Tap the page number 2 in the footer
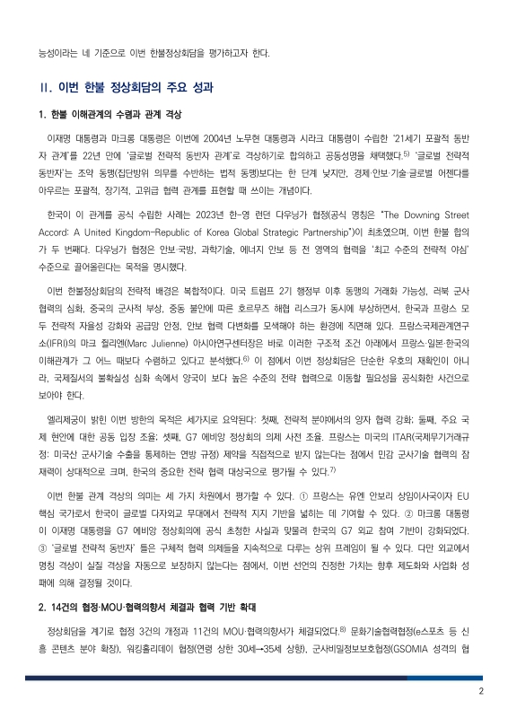[x=481, y=691]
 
